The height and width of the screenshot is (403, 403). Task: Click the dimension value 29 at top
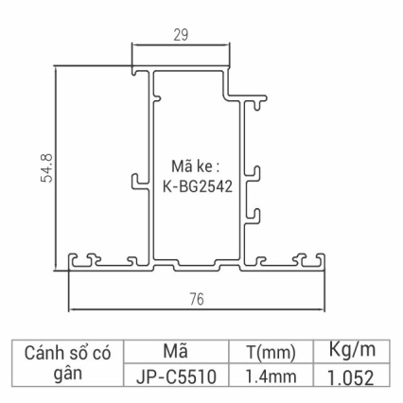tap(181, 33)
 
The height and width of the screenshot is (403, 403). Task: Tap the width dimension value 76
tap(197, 300)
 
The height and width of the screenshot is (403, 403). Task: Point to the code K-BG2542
tap(196, 185)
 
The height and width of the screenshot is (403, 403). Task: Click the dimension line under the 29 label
tap(181, 45)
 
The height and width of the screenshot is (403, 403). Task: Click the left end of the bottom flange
tap(74, 262)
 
